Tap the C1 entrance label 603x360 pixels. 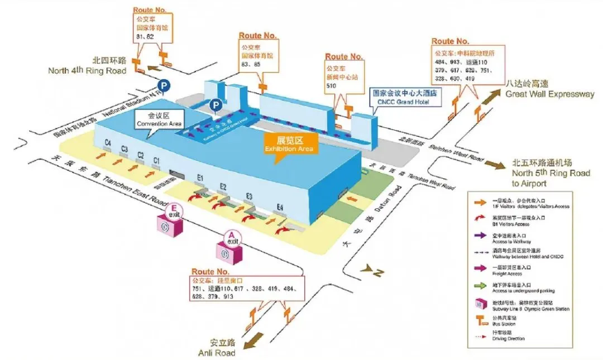[157, 160]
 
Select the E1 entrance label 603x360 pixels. [200, 178]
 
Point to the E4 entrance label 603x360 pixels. [280, 208]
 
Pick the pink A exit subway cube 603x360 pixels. [231, 249]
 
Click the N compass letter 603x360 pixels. [377, 272]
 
